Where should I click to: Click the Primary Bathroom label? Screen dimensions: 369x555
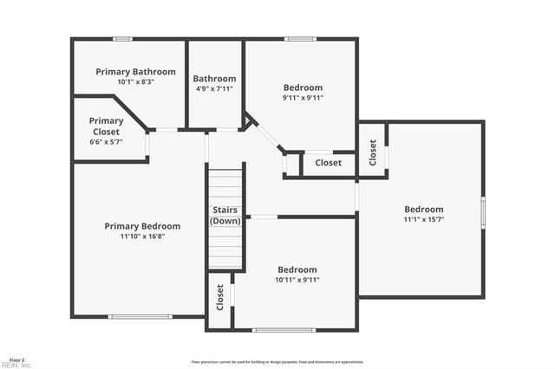[x=135, y=72]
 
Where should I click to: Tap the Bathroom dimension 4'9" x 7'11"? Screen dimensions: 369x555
[x=214, y=88]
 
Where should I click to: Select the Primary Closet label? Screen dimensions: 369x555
[x=106, y=126]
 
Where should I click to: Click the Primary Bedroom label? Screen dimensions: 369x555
[x=142, y=226]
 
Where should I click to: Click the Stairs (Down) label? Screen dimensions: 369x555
[x=225, y=216]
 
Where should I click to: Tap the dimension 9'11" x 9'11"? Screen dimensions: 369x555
[x=303, y=98]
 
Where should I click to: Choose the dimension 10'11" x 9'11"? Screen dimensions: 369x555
[x=297, y=280]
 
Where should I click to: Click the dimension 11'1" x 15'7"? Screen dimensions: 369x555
[x=423, y=220]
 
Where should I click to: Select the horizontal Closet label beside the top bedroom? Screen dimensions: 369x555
[x=328, y=163]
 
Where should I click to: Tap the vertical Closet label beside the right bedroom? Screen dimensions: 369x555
[x=373, y=153]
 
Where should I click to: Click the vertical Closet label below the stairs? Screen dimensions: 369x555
[x=220, y=297]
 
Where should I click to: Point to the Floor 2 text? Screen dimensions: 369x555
[x=17, y=359]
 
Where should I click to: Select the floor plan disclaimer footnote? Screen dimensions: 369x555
[x=277, y=362]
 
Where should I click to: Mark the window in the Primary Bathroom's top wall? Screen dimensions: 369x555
[x=123, y=38]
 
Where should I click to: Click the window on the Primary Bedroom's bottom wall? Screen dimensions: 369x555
[x=140, y=317]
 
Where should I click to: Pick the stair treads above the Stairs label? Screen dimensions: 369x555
[x=225, y=185]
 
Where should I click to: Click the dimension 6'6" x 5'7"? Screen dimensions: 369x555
[x=106, y=142]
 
